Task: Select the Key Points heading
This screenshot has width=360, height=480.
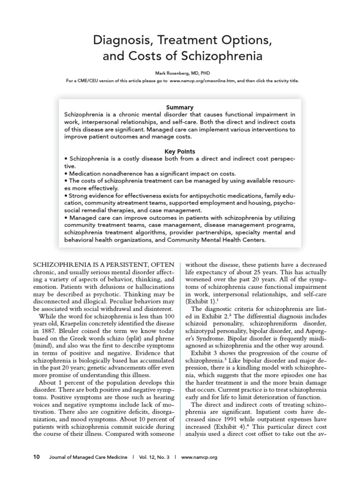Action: click(180, 151)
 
